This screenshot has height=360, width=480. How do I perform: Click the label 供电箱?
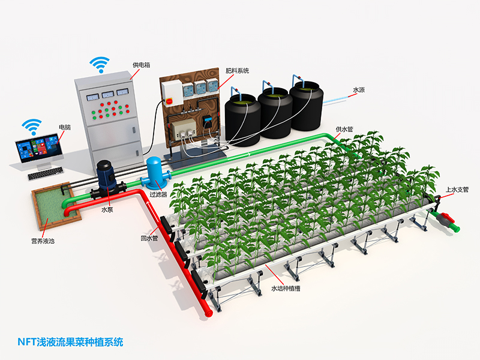coord(142,65)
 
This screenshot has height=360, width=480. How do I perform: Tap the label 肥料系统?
coord(237,71)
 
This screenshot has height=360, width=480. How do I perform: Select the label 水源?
coord(359,90)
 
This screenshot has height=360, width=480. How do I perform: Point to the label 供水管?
coord(344,130)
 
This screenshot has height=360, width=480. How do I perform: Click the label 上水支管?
coord(457,190)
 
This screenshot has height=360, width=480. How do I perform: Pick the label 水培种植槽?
coord(286,289)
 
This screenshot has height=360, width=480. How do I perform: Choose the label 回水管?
coord(149,238)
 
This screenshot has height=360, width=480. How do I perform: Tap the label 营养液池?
coord(43,241)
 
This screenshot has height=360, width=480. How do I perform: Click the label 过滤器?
coord(158,194)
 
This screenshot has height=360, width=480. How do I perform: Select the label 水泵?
coord(107,209)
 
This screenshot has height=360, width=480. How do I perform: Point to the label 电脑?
coord(65,127)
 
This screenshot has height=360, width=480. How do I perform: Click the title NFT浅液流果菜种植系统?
coord(70,342)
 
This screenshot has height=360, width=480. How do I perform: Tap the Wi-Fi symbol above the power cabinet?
coord(100,64)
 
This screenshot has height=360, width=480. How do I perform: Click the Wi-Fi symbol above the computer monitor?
coord(32,127)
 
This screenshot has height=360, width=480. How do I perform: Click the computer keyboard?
coord(46,173)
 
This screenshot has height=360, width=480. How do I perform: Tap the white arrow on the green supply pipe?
coord(238,156)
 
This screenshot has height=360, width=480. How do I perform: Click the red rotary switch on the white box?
coord(169,101)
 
